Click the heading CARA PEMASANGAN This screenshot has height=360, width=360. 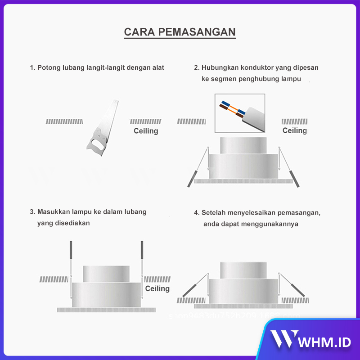(180, 32)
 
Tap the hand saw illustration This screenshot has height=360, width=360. (103, 128)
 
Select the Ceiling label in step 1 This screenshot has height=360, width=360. (146, 131)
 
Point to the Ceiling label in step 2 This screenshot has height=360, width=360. (294, 130)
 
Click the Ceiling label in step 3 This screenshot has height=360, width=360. (157, 288)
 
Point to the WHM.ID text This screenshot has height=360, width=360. (324, 342)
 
